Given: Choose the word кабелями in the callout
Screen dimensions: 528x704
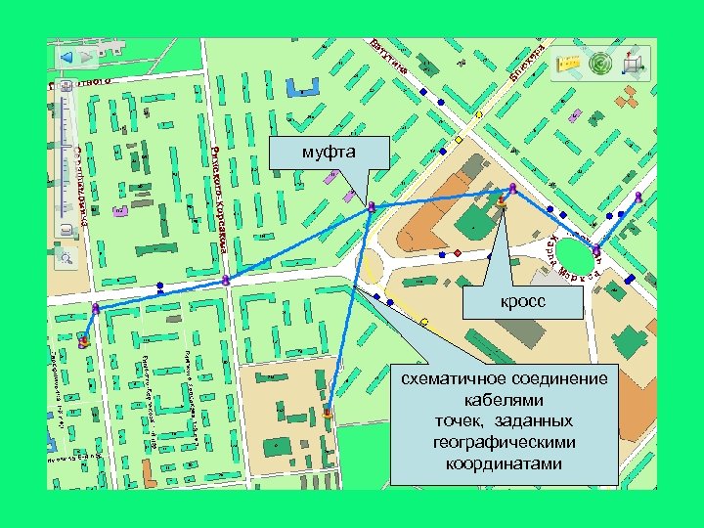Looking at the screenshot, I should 504,400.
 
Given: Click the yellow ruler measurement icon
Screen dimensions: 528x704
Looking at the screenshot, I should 567,63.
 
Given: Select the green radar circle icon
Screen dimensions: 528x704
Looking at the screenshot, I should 600,64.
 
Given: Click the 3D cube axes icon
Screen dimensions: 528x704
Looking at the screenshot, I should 635,63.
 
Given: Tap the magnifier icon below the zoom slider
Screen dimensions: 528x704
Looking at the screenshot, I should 66,258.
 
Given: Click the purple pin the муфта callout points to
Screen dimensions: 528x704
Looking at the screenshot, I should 372,206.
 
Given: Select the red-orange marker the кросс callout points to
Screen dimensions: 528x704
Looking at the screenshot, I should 502,202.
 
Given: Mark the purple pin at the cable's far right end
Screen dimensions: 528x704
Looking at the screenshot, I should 638,198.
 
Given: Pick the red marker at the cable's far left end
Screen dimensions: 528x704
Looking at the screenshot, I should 84,341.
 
